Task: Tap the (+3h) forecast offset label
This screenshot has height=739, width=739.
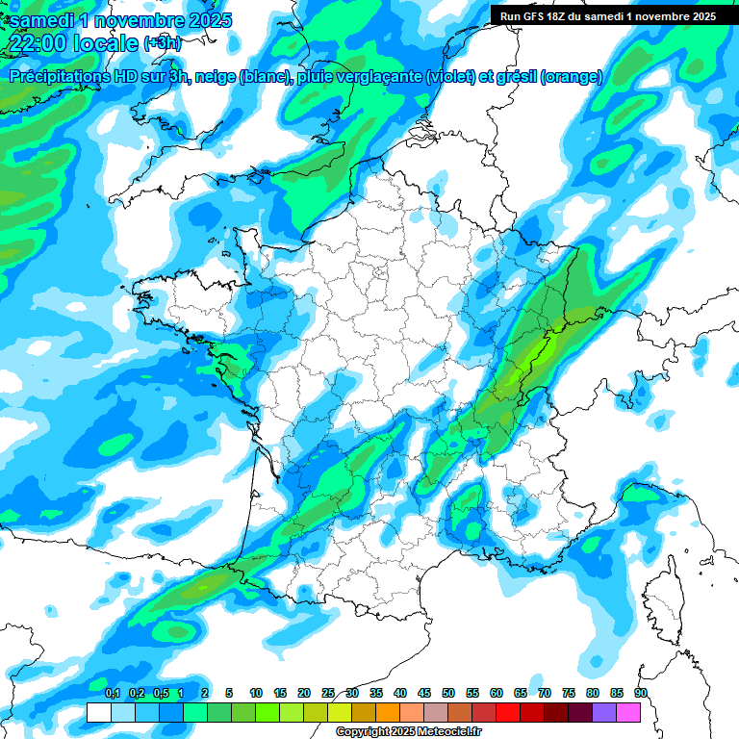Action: (x=162, y=43)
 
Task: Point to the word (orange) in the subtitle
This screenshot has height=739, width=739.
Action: (x=572, y=77)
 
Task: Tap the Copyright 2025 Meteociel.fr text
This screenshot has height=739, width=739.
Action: (x=409, y=732)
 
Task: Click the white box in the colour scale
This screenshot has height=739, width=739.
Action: (x=98, y=712)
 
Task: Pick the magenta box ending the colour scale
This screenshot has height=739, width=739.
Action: (x=628, y=712)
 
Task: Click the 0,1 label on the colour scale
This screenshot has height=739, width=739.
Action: (x=112, y=693)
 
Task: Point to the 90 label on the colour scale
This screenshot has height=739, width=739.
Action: (x=641, y=693)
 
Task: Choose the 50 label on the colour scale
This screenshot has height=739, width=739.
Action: (x=448, y=693)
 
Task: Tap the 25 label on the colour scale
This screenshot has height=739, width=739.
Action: (x=328, y=693)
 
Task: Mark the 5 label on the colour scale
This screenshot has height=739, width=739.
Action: (x=229, y=693)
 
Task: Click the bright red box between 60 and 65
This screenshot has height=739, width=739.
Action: (x=508, y=712)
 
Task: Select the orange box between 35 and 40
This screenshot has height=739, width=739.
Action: (x=388, y=712)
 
